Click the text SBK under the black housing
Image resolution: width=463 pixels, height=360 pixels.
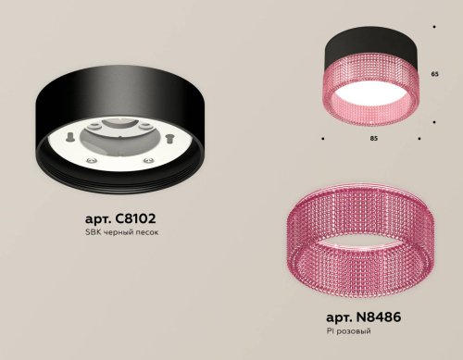point(90,232)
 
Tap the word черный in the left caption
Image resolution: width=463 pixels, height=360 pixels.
point(116,232)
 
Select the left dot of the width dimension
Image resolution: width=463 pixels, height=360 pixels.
point(321,138)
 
